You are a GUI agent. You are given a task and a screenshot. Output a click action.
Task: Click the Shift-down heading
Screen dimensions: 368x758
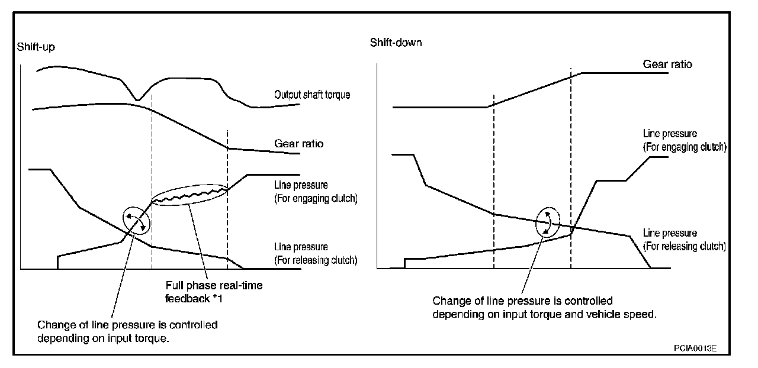coord(396,43)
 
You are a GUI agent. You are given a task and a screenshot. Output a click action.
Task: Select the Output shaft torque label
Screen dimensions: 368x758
coord(312,95)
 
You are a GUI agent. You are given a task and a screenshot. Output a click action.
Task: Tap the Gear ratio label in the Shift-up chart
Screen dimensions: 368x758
coord(298,143)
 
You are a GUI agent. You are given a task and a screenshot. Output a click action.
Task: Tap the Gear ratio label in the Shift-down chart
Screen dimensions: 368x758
coord(667,64)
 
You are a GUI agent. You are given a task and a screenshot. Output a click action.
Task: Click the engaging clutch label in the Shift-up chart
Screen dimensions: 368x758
coord(316,192)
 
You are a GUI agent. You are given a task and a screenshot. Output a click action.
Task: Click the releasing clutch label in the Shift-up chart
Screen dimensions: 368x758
coord(316,253)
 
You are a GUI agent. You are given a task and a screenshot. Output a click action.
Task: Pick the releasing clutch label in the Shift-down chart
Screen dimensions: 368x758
coord(684,240)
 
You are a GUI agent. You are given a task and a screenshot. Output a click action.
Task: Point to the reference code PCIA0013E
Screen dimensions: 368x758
coord(695,348)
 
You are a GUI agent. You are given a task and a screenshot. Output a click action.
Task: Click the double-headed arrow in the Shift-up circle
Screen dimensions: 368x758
coord(136,221)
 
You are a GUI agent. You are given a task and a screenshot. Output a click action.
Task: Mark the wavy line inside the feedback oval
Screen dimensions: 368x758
coord(189,197)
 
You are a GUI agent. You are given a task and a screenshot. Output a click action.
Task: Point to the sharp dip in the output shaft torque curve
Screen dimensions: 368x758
coord(137,99)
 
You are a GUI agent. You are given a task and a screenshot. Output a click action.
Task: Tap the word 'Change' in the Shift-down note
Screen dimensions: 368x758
coord(449,301)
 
